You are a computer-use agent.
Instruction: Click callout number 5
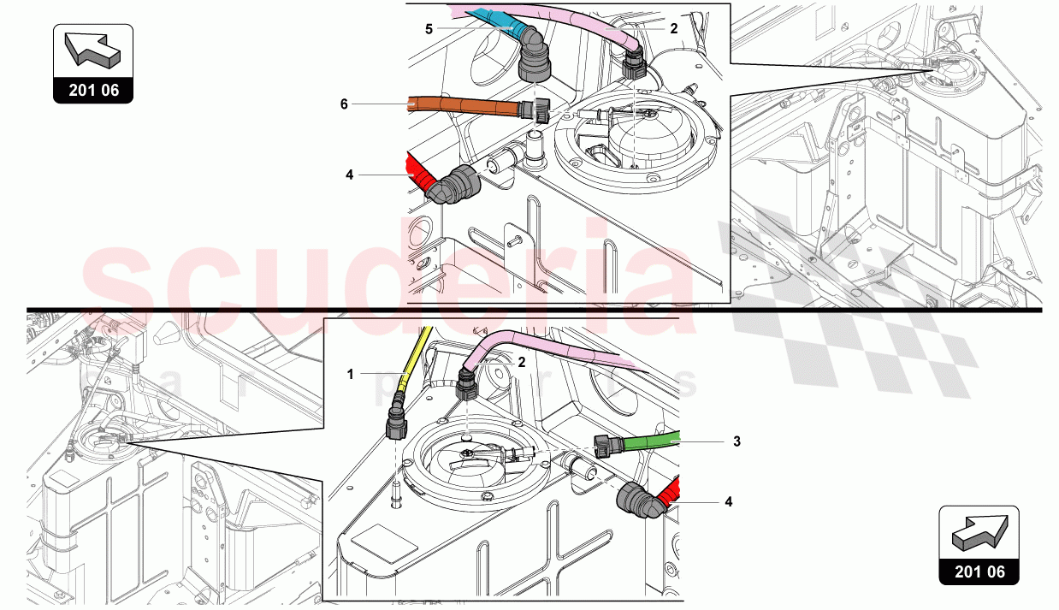click(429, 28)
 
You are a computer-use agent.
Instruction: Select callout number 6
click(344, 104)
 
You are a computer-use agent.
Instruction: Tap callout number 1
click(349, 374)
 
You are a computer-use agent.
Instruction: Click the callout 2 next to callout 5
click(674, 28)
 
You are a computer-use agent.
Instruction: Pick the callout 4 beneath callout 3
click(729, 502)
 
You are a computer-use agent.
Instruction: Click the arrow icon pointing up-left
click(93, 49)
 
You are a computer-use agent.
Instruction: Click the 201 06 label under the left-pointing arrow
click(93, 89)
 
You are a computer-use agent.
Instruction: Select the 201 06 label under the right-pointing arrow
click(978, 572)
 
